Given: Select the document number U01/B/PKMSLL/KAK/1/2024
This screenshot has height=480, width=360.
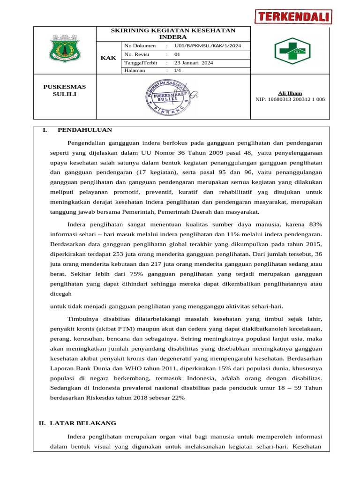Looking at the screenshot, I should click(208, 46).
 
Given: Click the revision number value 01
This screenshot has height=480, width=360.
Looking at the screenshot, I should click(177, 54).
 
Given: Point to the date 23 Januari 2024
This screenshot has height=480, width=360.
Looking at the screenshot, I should click(193, 62).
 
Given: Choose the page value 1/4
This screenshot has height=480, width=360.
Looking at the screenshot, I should click(177, 70).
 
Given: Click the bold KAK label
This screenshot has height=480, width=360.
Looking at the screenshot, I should click(108, 58).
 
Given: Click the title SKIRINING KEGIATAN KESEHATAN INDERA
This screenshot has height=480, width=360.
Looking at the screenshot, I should click(172, 33).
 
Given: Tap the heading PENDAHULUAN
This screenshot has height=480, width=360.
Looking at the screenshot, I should click(84, 130).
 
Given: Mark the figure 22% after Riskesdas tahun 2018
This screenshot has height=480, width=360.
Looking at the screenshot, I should click(178, 397).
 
